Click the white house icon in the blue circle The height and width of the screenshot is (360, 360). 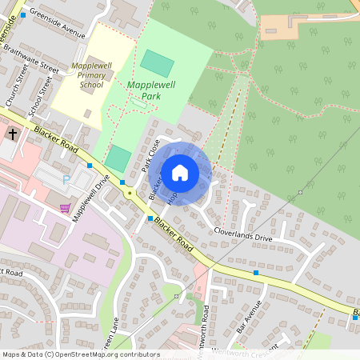tap(180, 173)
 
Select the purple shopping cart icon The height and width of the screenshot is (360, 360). tap(65, 208)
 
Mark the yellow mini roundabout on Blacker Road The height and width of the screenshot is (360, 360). tap(129, 193)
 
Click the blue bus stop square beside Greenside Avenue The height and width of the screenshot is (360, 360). tap(23, 14)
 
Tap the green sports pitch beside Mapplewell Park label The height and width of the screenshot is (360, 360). tap(156, 62)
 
